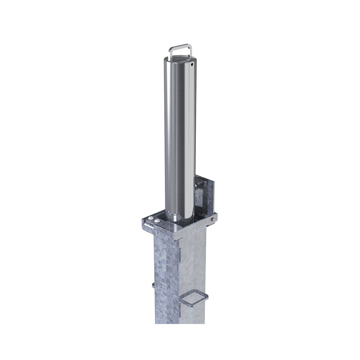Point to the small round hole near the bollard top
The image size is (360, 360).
tap(192, 65)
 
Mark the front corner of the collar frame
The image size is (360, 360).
tap(175, 238)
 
